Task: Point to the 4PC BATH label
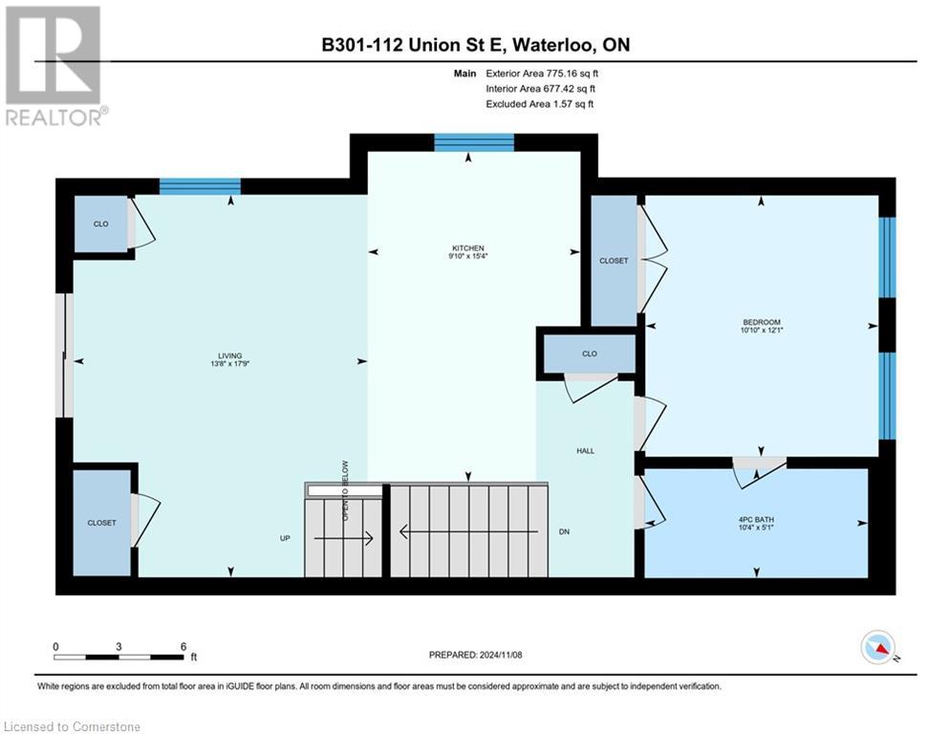coord(756,520)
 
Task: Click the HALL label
coord(586,449)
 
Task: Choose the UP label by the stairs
coord(285,538)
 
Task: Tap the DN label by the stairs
coord(565,531)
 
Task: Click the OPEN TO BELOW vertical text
coord(345,491)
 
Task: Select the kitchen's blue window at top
coord(474,142)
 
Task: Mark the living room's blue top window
coord(200,186)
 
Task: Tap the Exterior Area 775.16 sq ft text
coord(542,73)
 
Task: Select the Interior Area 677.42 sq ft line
coord(542,88)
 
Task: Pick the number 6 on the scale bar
coord(183,646)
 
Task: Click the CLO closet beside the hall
coord(590,354)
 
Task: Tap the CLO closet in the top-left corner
coord(100,224)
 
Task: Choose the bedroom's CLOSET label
coord(614,261)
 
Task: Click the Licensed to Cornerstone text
coord(73,726)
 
